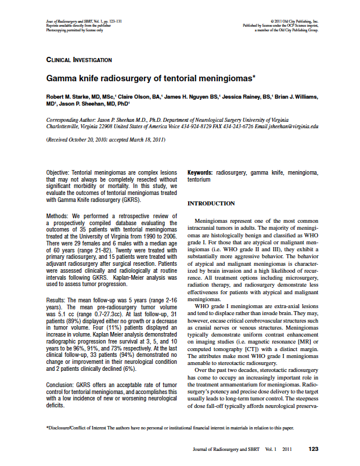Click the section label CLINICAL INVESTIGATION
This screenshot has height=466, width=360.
click(x=79, y=60)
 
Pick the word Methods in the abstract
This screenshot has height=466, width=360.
click(x=56, y=215)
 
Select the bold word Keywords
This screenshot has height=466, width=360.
click(x=200, y=173)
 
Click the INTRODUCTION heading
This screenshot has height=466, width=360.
click(x=211, y=204)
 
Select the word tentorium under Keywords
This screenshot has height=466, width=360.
click(x=199, y=180)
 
